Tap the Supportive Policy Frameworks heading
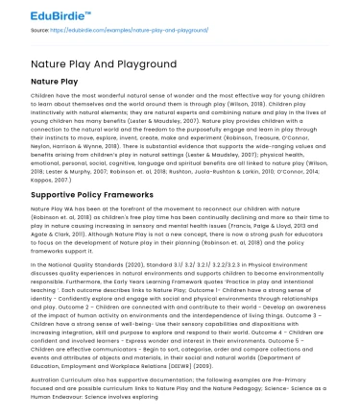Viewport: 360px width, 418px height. (91, 192)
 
